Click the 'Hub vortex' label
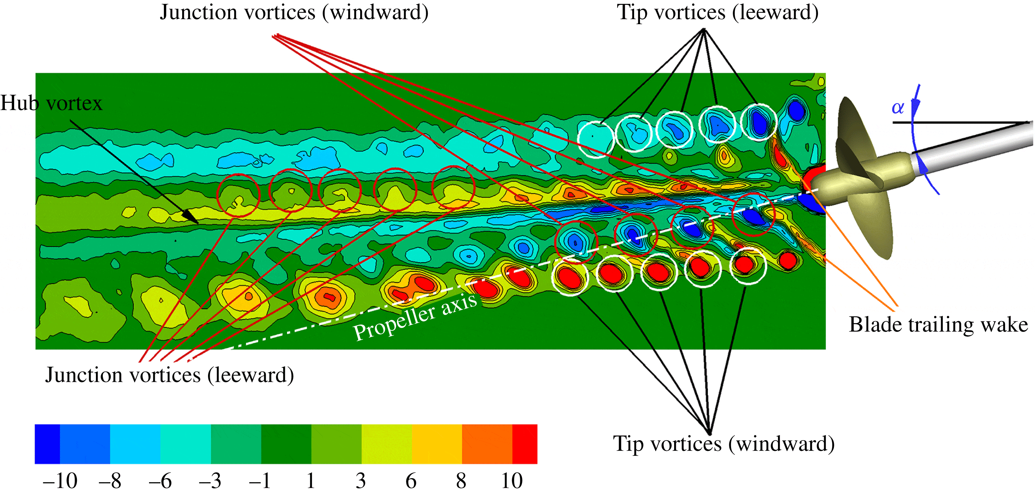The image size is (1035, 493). (x=51, y=103)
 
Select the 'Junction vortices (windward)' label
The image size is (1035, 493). (x=294, y=12)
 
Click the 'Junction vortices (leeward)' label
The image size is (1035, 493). (x=169, y=375)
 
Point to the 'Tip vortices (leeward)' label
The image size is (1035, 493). (x=718, y=12)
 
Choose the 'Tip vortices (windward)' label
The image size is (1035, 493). (x=723, y=444)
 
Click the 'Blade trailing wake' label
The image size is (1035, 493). (x=938, y=325)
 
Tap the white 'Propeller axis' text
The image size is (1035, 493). (x=415, y=317)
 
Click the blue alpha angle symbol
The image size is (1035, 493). (x=898, y=108)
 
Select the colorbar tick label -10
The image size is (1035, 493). (x=60, y=481)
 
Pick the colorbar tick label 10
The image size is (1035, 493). (x=512, y=481)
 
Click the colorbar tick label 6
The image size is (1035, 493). (x=411, y=481)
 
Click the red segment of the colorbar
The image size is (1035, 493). (x=524, y=444)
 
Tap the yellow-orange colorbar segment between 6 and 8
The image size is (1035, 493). (x=437, y=444)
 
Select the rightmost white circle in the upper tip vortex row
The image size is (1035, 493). (x=759, y=122)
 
